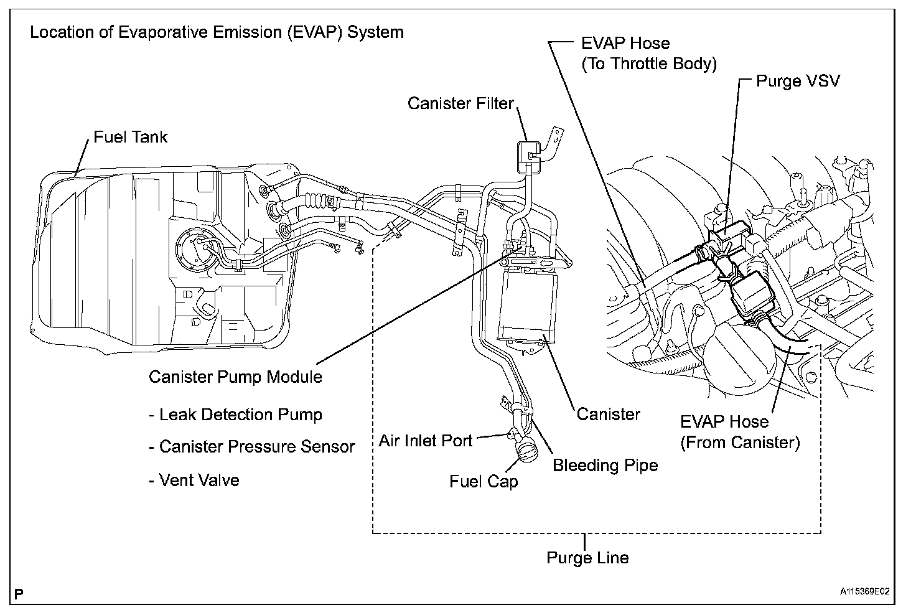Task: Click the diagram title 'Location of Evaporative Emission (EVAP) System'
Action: [x=217, y=32]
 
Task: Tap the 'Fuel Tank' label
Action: [x=131, y=137]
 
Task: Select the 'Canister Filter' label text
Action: [x=460, y=103]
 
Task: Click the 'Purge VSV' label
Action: [x=798, y=81]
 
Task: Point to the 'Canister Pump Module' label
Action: [x=235, y=377]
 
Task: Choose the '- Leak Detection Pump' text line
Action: [x=235, y=415]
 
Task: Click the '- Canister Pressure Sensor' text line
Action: [x=251, y=446]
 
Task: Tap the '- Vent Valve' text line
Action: [x=194, y=480]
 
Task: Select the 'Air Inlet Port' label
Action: [x=426, y=441]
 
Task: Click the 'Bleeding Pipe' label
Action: [x=605, y=465]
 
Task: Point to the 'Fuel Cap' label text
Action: [x=484, y=481]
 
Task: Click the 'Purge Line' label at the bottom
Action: [x=587, y=557]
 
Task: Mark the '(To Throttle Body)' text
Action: [x=649, y=63]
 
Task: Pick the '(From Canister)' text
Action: [x=740, y=443]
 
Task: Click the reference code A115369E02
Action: [x=864, y=591]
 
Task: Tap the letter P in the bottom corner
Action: [x=19, y=594]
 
